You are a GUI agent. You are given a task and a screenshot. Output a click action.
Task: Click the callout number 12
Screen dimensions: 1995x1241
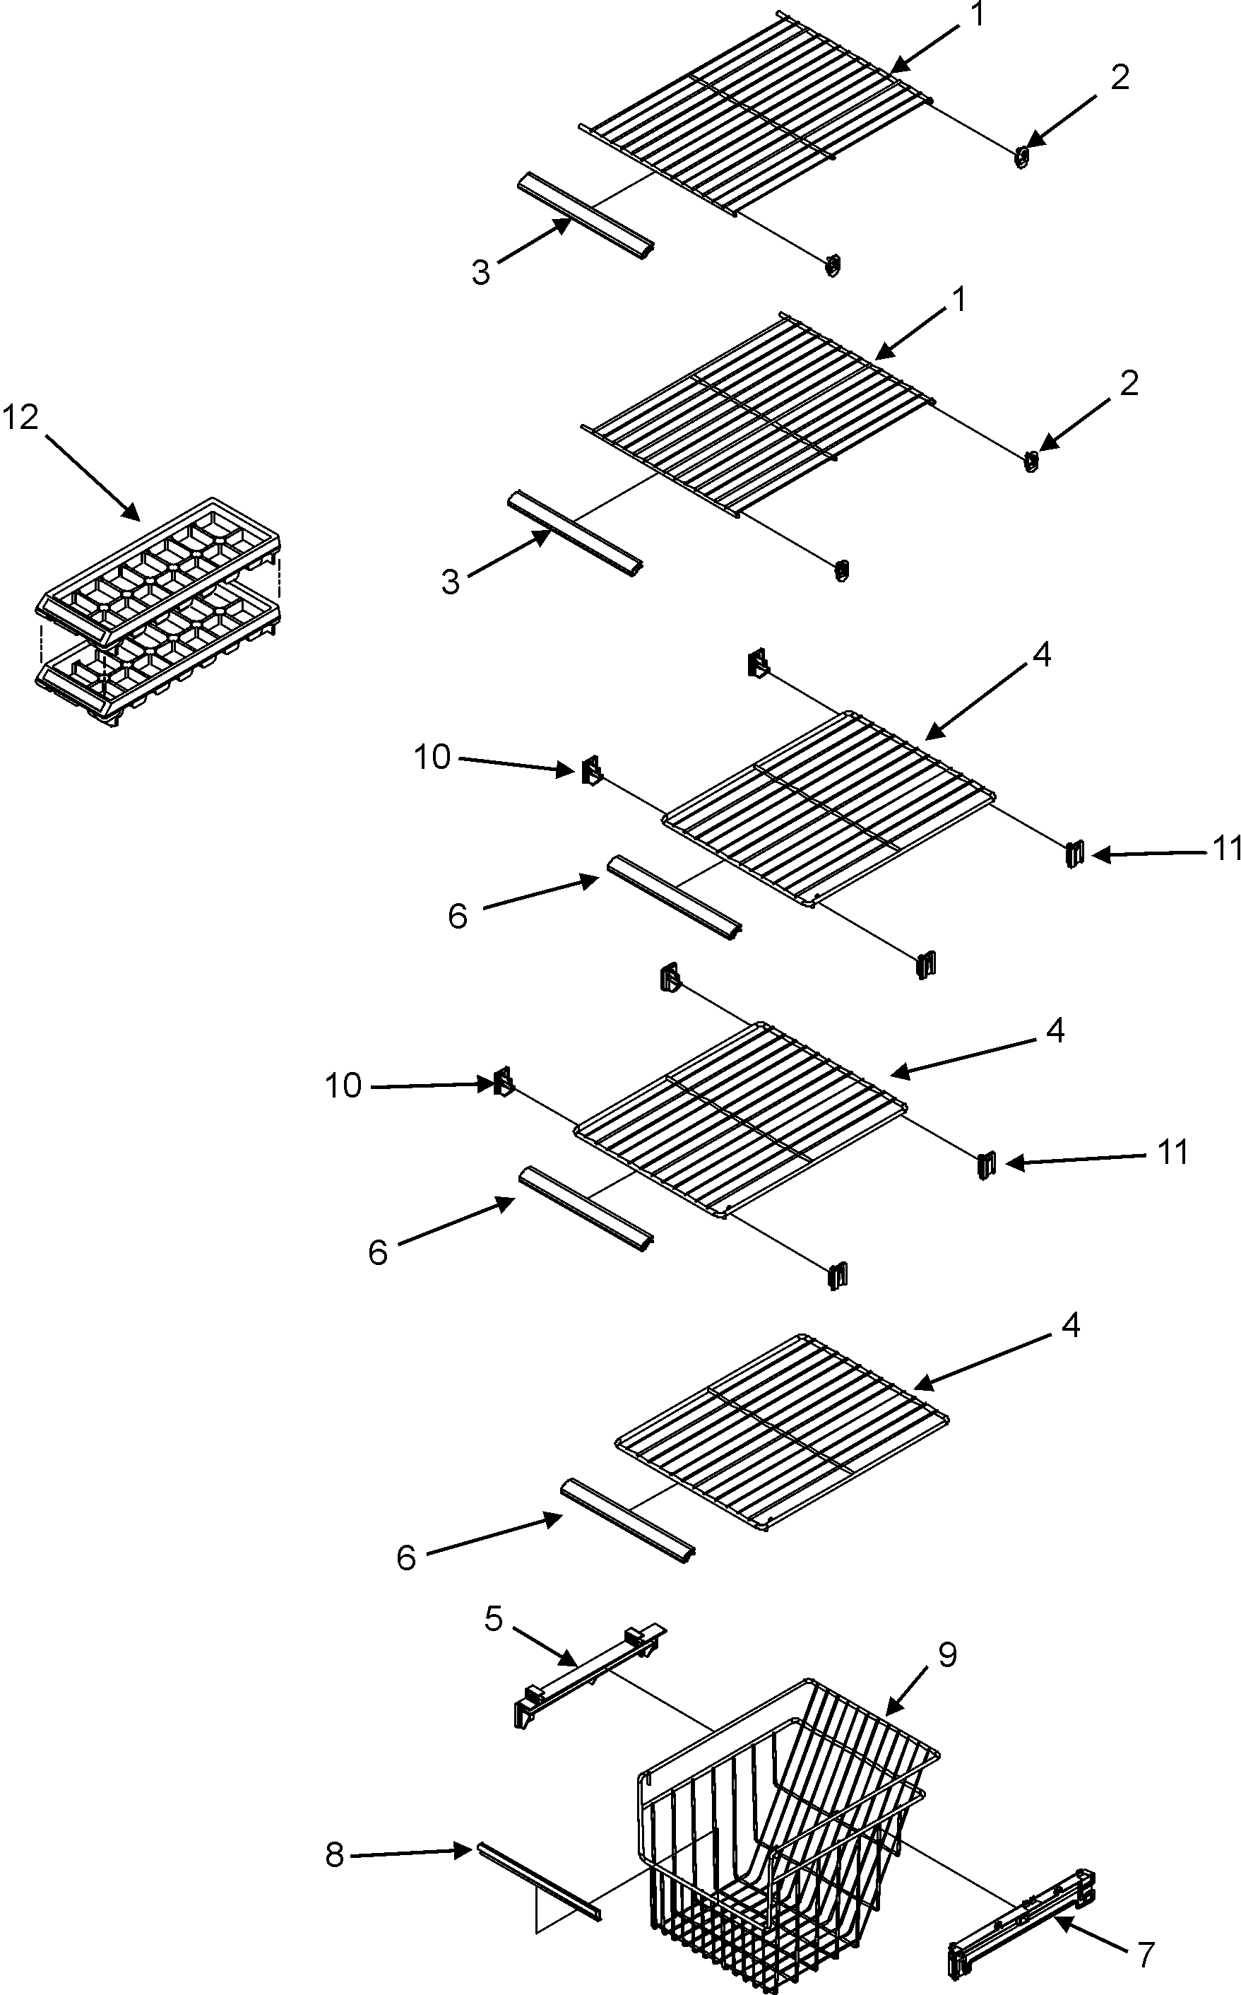pos(20,418)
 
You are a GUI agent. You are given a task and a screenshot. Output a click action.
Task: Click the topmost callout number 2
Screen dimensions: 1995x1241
pos(1120,77)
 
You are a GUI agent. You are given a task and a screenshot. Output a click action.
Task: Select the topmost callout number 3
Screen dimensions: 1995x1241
pos(481,272)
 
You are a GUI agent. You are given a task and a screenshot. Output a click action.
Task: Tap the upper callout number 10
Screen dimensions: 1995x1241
pos(432,757)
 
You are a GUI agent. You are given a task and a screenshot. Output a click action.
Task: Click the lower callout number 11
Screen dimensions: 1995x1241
pos(1173,1152)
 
